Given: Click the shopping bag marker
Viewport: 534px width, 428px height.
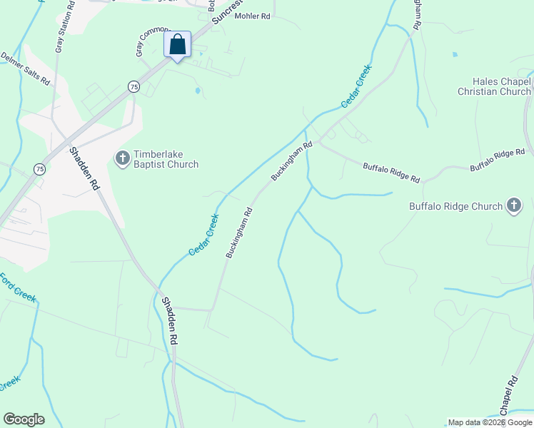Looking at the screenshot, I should pyautogui.click(x=177, y=44).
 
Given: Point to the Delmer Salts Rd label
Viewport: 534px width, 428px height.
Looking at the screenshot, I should pyautogui.click(x=25, y=68).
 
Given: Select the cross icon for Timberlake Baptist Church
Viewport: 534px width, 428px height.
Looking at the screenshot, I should pyautogui.click(x=122, y=157).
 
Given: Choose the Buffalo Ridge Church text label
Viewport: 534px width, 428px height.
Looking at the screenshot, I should pyautogui.click(x=455, y=207).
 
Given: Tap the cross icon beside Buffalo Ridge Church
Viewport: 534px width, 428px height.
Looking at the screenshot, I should pyautogui.click(x=513, y=206).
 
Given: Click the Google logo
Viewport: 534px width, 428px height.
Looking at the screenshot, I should pyautogui.click(x=24, y=419).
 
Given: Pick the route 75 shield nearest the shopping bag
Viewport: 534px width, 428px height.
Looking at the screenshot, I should pyautogui.click(x=133, y=86).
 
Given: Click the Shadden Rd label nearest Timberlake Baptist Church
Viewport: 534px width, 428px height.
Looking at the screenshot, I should pyautogui.click(x=84, y=168).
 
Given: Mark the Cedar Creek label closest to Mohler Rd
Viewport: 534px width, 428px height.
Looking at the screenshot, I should pyautogui.click(x=356, y=86).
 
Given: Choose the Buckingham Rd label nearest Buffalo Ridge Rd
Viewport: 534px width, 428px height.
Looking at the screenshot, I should pyautogui.click(x=292, y=161).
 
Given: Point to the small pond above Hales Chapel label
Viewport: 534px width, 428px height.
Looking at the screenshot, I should pyautogui.click(x=455, y=54).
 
